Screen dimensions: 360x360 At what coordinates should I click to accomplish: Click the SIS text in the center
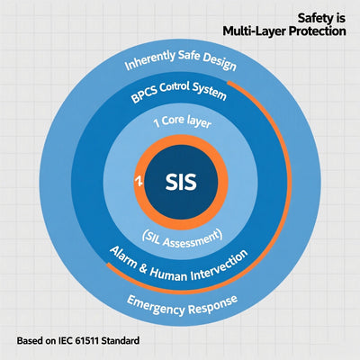coord(181,179)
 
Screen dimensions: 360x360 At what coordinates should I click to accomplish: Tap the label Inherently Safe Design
coord(179,64)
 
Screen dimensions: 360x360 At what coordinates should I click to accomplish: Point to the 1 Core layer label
coord(181,121)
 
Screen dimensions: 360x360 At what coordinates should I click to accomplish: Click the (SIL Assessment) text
coord(180,236)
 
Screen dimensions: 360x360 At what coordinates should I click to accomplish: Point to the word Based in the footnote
coord(31,342)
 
